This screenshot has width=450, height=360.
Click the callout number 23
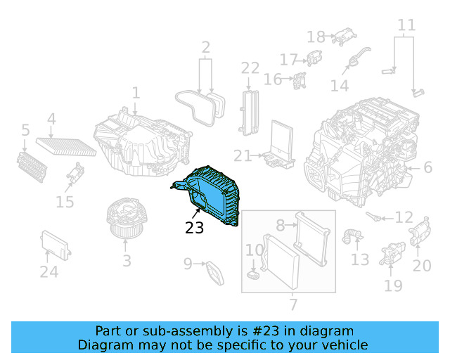(x=195, y=228)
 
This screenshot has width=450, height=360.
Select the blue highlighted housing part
(x=211, y=197)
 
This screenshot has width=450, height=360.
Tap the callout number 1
(x=136, y=93)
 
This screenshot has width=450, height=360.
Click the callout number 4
(x=51, y=119)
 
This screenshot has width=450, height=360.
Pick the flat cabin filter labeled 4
(x=67, y=145)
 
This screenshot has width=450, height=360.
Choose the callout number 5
(x=25, y=130)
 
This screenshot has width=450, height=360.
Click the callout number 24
(x=49, y=271)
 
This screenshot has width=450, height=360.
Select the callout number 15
(x=65, y=202)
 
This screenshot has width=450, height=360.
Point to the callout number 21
(x=243, y=155)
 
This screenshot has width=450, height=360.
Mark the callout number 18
(x=316, y=37)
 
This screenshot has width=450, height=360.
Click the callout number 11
(x=406, y=26)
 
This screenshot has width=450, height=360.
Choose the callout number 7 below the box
(x=293, y=305)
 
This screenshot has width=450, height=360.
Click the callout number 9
(x=188, y=264)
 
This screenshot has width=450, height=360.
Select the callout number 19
(x=393, y=285)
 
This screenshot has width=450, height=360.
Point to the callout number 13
(x=360, y=261)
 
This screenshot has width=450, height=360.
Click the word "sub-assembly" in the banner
(x=184, y=331)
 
